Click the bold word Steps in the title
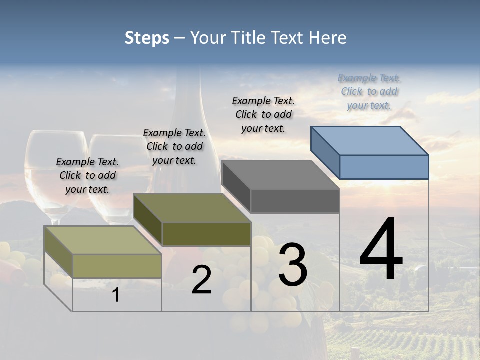pyautogui.click(x=147, y=38)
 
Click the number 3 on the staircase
pyautogui.click(x=293, y=265)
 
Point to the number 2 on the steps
pyautogui.click(x=201, y=280)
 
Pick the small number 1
pyautogui.click(x=116, y=295)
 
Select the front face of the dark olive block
pyautogui.click(x=206, y=234)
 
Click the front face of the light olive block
pyautogui.click(x=117, y=266)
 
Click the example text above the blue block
pyautogui.click(x=369, y=92)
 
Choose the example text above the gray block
pyautogui.click(x=263, y=114)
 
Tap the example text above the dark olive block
pyautogui.click(x=174, y=146)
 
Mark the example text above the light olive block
pyautogui.click(x=87, y=175)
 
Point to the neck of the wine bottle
pyautogui.click(x=193, y=95)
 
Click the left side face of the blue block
pyautogui.click(x=325, y=152)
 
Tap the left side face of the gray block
pyautogui.click(x=236, y=186)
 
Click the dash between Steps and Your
pyautogui.click(x=180, y=38)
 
